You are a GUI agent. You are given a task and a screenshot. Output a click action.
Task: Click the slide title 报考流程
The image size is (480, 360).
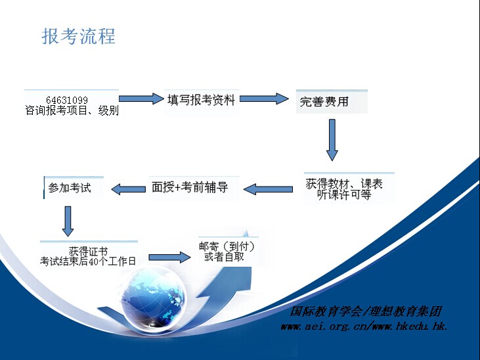(78, 36)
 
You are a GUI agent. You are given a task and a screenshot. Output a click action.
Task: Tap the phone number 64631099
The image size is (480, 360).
(67, 100)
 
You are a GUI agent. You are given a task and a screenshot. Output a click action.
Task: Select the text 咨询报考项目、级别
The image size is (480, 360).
(72, 110)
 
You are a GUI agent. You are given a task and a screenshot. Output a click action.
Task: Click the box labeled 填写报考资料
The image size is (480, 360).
(202, 102)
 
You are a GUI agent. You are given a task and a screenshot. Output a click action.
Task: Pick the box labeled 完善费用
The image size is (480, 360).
(332, 101)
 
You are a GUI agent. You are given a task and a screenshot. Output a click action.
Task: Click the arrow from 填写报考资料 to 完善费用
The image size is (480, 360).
(264, 99)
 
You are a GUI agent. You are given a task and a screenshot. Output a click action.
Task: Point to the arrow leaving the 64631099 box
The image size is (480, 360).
(141, 99)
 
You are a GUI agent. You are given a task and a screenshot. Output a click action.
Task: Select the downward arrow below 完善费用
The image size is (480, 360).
(332, 140)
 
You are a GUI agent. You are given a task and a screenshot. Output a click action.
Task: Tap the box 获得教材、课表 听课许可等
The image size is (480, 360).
(349, 188)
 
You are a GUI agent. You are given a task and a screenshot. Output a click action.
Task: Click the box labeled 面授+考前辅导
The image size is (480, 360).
(194, 187)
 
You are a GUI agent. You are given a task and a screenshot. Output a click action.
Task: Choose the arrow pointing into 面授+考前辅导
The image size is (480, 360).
(268, 189)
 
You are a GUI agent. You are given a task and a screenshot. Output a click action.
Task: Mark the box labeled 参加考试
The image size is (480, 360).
(74, 187)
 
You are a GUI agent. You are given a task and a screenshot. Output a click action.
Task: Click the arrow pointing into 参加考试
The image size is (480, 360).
(128, 189)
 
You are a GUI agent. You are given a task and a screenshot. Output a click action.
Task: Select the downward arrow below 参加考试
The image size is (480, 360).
(68, 221)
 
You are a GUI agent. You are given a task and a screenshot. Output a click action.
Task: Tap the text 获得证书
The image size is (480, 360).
(88, 251)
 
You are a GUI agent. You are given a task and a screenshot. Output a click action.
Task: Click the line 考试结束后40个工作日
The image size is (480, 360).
(88, 261)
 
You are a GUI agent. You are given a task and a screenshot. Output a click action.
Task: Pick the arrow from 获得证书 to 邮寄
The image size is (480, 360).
(169, 257)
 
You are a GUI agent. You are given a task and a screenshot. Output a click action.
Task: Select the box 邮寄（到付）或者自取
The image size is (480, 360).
(229, 251)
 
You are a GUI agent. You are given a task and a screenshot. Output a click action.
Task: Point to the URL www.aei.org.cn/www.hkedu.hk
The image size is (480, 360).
(364, 326)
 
